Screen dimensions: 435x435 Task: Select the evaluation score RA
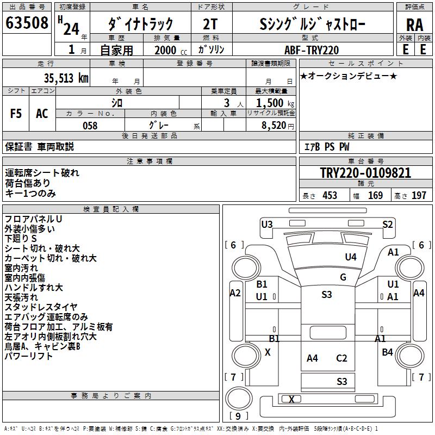click(x=414, y=25)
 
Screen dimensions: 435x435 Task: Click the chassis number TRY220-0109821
click(x=365, y=173)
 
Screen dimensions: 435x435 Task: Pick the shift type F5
click(x=16, y=114)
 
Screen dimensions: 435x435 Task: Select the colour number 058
click(x=90, y=126)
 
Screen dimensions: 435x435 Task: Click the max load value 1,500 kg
click(x=272, y=103)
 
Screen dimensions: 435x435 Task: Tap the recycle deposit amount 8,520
click(x=275, y=126)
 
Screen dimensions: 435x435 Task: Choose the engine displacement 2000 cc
click(x=165, y=50)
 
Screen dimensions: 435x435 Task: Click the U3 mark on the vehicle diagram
click(x=267, y=224)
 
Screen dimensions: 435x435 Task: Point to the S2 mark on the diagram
click(x=388, y=224)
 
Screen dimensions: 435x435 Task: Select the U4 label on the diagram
click(x=351, y=257)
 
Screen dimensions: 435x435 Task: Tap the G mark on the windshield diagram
click(x=343, y=277)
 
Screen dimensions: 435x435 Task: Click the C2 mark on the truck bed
click(x=341, y=358)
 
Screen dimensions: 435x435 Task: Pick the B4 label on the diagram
click(x=387, y=352)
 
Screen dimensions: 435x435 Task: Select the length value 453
click(x=330, y=196)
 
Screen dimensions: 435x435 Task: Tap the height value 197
click(x=419, y=196)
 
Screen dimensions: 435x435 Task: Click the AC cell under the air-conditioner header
click(x=42, y=114)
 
